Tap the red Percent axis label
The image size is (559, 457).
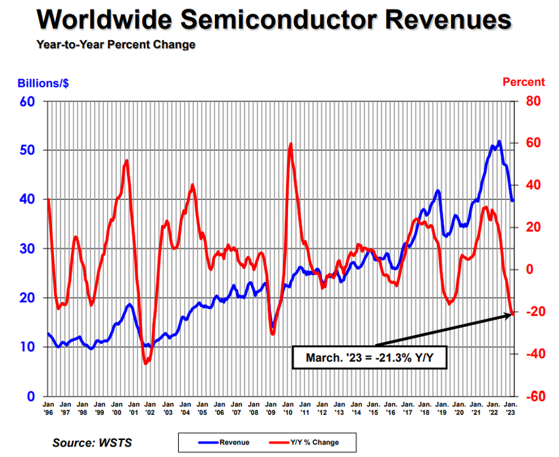[x=523, y=82]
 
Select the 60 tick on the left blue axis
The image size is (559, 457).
[x=26, y=102]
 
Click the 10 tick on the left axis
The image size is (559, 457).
[x=26, y=347]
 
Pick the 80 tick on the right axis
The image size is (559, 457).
[x=531, y=102]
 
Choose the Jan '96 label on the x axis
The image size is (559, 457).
[x=49, y=408]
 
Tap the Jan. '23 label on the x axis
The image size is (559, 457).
[x=510, y=408]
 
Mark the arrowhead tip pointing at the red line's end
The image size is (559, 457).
[x=512, y=316]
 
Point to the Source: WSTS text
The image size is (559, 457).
[x=92, y=443]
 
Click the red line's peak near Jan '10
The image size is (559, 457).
[x=291, y=144]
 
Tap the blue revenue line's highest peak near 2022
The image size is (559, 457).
[x=499, y=141]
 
